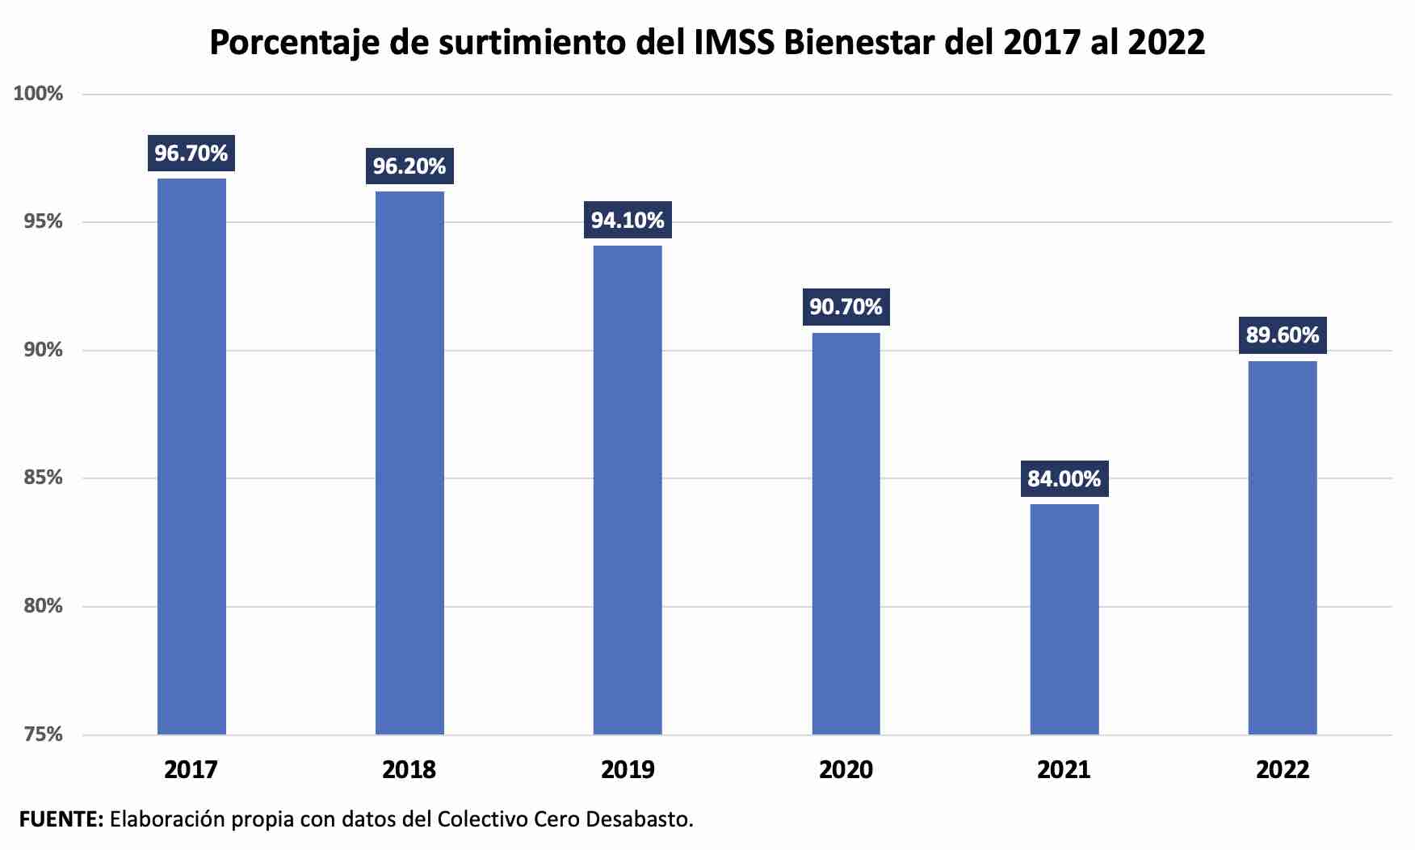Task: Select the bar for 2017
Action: pos(191,457)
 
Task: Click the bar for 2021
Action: pos(1064,619)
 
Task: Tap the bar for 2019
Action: pos(628,490)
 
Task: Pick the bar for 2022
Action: pos(1282,548)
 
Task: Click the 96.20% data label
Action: pos(409,166)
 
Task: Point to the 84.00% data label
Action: pos(1064,479)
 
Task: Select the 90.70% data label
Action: pos(846,307)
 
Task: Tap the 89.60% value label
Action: pos(1282,335)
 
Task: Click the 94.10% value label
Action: pos(628,221)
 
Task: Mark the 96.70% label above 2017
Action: pos(191,154)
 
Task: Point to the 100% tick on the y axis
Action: pos(38,94)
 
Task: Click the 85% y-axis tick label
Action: pos(43,478)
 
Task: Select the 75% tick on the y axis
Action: pos(43,734)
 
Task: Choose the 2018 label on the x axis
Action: pos(409,770)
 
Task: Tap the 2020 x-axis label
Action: pos(846,770)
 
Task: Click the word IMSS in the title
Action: pos(735,42)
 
